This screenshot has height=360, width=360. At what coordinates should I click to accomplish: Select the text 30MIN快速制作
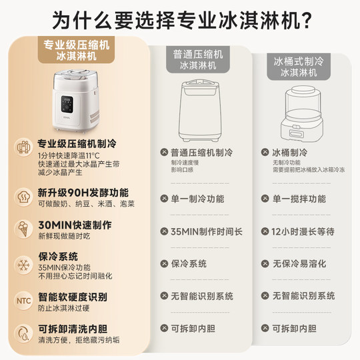75,225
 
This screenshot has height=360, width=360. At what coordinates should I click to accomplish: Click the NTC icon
22,301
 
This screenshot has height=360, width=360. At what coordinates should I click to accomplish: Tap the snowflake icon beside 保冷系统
22,263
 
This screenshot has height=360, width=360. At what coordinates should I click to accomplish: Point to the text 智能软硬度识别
73,296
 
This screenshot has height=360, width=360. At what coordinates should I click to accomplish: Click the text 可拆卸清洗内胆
73,328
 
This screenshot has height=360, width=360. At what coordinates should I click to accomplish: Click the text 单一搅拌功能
299,199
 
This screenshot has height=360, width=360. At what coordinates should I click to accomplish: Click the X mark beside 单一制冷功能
163,199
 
